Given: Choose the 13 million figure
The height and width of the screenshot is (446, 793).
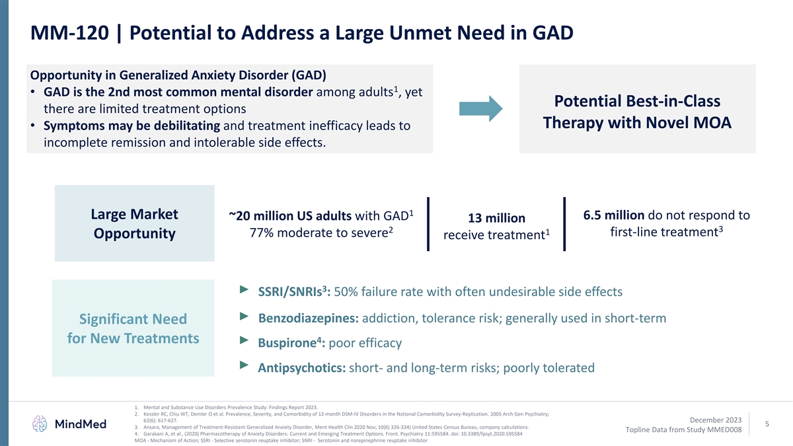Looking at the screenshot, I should pyautogui.click(x=496, y=218).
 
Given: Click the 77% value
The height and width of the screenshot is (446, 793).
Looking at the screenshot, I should pyautogui.click(x=264, y=234).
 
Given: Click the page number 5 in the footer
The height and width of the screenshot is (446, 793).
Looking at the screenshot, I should pyautogui.click(x=767, y=425).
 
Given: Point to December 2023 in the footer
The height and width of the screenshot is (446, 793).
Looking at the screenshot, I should pyautogui.click(x=715, y=420).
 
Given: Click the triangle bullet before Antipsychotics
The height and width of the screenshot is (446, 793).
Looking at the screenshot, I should pyautogui.click(x=244, y=365).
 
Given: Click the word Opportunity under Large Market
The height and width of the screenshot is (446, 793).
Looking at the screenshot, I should pyautogui.click(x=134, y=235).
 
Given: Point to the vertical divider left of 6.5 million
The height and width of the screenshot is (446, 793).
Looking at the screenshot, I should pyautogui.click(x=565, y=224).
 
